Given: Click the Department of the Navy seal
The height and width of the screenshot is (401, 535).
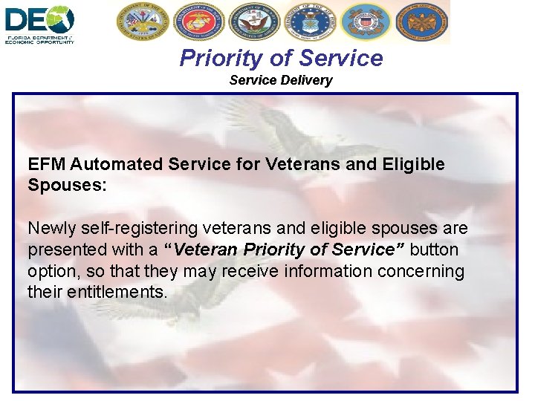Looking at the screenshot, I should click(x=253, y=22).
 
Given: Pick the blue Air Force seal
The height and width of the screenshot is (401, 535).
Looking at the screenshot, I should click(x=310, y=22).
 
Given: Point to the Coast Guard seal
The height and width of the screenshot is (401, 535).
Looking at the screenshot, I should click(x=366, y=22).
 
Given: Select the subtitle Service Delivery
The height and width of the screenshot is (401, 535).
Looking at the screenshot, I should click(x=281, y=80).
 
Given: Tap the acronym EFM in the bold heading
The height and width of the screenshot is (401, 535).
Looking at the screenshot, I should click(x=46, y=164).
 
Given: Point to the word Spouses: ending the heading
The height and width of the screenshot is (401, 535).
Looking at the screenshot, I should click(x=68, y=185).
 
